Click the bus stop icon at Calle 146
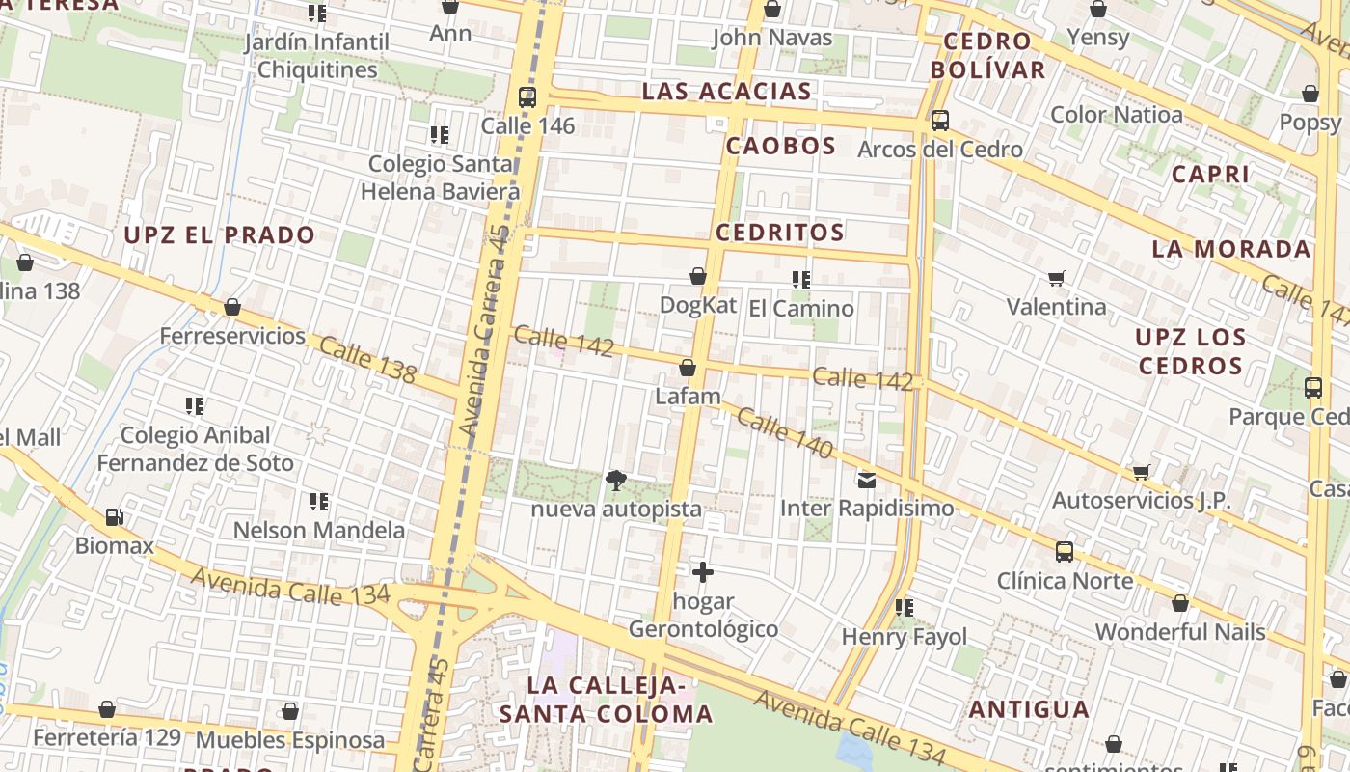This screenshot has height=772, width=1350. pyautogui.click(x=526, y=96)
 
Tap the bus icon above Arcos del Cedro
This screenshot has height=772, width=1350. pyautogui.click(x=939, y=121)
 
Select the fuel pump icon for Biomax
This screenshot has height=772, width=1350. pyautogui.click(x=114, y=517)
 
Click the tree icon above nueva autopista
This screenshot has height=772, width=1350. pyautogui.click(x=615, y=480)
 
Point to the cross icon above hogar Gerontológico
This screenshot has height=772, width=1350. pyautogui.click(x=703, y=572)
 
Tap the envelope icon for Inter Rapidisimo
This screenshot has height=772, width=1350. pyautogui.click(x=866, y=480)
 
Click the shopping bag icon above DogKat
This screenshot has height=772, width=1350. pyautogui.click(x=698, y=277)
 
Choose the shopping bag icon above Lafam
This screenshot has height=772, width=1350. pyautogui.click(x=688, y=368)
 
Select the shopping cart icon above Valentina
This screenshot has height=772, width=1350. pyautogui.click(x=1056, y=279)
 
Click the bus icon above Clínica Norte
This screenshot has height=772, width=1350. pyautogui.click(x=1065, y=552)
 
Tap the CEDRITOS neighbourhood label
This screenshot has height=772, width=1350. pyautogui.click(x=780, y=232)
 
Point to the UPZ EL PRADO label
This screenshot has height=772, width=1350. pyautogui.click(x=220, y=234)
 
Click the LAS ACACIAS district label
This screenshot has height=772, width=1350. pyautogui.click(x=727, y=92)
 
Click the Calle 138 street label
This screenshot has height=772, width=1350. pyautogui.click(x=367, y=359)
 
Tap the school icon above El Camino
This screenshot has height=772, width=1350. pyautogui.click(x=800, y=280)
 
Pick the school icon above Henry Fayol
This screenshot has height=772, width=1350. pyautogui.click(x=904, y=608)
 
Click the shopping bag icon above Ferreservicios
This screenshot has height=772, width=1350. pyautogui.click(x=232, y=308)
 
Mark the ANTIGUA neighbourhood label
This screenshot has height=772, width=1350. pyautogui.click(x=1029, y=709)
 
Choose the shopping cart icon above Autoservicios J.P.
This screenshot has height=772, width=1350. pyautogui.click(x=1142, y=473)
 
